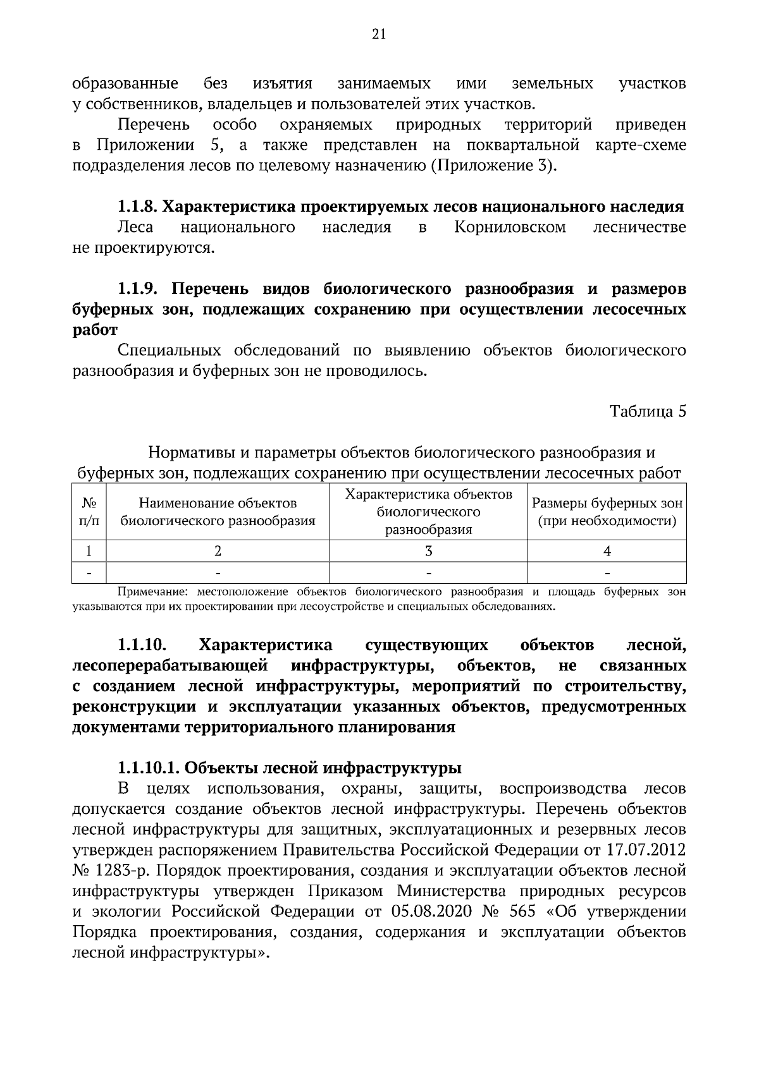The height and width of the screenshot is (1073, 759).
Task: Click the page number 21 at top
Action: (x=379, y=35)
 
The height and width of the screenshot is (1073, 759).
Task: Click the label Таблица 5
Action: (x=648, y=411)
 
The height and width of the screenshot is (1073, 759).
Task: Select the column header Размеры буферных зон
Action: (x=607, y=512)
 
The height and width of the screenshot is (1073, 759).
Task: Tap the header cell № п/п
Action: (x=89, y=512)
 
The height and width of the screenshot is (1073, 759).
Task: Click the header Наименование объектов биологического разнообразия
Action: (x=218, y=512)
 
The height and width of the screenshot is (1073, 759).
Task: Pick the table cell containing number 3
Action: (x=428, y=551)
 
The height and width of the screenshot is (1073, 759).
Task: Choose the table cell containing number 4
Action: (x=607, y=551)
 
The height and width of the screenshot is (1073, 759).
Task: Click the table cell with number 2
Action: (x=218, y=551)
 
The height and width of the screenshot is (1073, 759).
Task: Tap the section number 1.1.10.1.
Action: (x=149, y=768)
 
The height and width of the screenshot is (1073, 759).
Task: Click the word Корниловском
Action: (x=510, y=227)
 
